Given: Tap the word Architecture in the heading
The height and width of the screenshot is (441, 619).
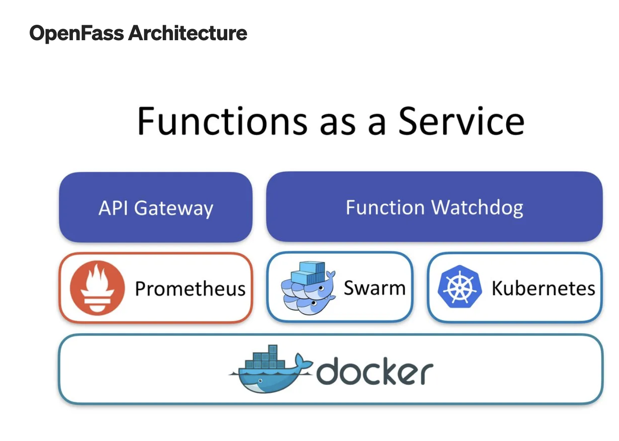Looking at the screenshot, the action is [x=187, y=33].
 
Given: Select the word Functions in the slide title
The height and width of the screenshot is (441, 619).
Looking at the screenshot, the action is [x=222, y=121].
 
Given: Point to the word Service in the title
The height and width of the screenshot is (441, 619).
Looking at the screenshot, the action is [x=461, y=121].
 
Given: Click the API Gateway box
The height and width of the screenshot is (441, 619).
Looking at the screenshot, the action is [x=156, y=207].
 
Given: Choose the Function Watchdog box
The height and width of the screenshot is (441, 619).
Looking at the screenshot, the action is [x=434, y=206].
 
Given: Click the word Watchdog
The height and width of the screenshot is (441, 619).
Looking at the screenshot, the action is [x=477, y=208].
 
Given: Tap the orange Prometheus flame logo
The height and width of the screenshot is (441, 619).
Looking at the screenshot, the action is [x=97, y=288].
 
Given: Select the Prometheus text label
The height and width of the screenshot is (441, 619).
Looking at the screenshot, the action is [x=190, y=289].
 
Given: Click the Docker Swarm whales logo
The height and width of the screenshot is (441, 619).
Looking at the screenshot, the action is [x=308, y=288].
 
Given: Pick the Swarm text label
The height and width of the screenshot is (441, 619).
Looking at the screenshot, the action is [x=374, y=288].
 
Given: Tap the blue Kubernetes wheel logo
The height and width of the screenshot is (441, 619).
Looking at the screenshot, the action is [x=460, y=286].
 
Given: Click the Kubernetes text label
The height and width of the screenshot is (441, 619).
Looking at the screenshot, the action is [x=543, y=288].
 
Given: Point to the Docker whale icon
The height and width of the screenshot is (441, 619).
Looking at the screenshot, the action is [x=271, y=369].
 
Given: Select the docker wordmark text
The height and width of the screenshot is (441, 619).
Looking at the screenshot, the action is [x=375, y=371].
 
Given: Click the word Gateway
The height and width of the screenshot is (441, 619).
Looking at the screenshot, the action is [x=173, y=209].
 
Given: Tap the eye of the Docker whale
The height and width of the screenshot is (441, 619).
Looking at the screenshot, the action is [x=260, y=381].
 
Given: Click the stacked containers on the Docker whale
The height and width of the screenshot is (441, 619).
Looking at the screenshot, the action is [x=265, y=357].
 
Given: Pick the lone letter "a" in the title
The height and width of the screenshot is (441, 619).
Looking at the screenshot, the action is [x=377, y=125].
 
